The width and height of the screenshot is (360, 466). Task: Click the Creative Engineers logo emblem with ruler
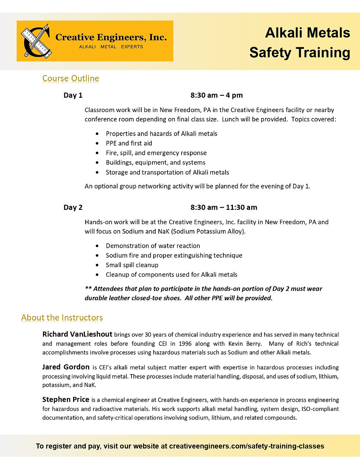tap(35, 41)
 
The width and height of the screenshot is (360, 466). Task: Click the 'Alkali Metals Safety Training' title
tap(300, 43)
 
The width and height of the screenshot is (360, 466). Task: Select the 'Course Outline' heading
tap(71, 78)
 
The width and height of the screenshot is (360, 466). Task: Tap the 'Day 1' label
tap(73, 96)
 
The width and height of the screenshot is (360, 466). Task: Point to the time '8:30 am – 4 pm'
tap(216, 96)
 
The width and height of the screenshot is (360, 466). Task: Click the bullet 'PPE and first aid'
tap(129, 143)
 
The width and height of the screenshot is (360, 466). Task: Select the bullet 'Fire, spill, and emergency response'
tap(156, 153)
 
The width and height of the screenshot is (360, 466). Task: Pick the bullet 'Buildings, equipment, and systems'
tap(155, 162)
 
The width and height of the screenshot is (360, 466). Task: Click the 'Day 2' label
tap(73, 207)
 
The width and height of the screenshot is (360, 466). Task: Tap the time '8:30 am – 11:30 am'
tap(223, 207)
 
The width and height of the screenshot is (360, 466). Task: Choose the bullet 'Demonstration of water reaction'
tap(153, 246)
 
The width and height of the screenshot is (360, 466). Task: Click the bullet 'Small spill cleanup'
tap(132, 265)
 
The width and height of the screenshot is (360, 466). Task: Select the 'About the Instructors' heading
tap(62, 318)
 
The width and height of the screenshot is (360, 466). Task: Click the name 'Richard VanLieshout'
tap(77, 334)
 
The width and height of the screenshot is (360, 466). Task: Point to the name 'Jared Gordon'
tap(66, 367)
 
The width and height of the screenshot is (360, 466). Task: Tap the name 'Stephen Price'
tap(66, 399)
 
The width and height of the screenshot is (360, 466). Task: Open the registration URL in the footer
tap(246, 446)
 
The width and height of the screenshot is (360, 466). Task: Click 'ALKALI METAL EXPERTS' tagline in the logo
tap(111, 47)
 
